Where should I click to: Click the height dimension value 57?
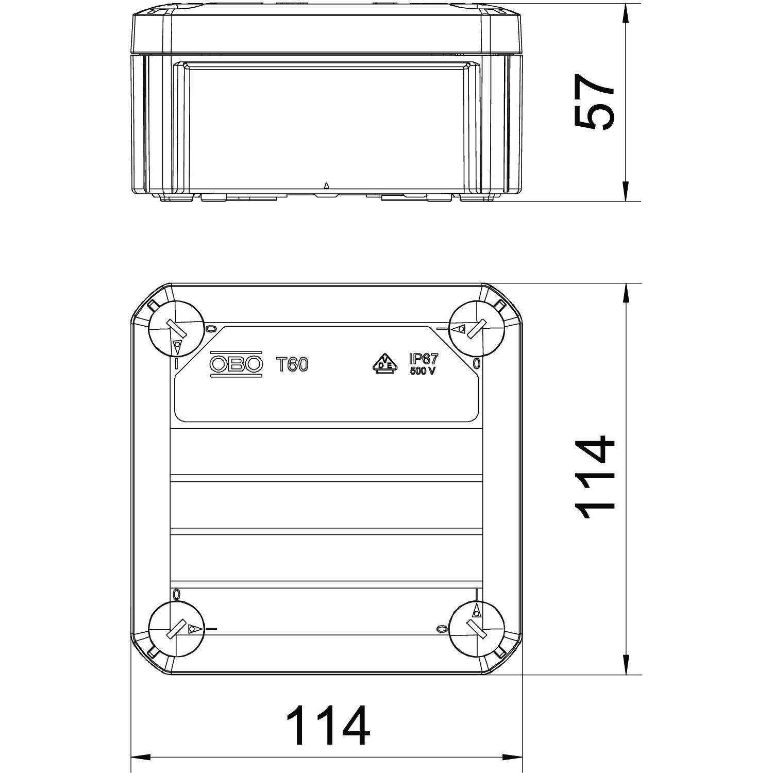[594, 102]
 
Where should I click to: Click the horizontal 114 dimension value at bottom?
[328, 725]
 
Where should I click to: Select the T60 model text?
[293, 365]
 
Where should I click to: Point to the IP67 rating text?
[423, 359]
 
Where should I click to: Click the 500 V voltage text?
[423, 372]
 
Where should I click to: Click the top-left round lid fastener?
[176, 328]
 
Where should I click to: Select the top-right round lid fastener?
[476, 328]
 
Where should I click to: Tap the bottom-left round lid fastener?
[176, 629]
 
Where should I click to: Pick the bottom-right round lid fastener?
[476, 629]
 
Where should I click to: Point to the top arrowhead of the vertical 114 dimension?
[626, 294]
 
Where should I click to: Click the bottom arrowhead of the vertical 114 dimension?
[626, 665]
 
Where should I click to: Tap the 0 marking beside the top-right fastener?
[477, 364]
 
